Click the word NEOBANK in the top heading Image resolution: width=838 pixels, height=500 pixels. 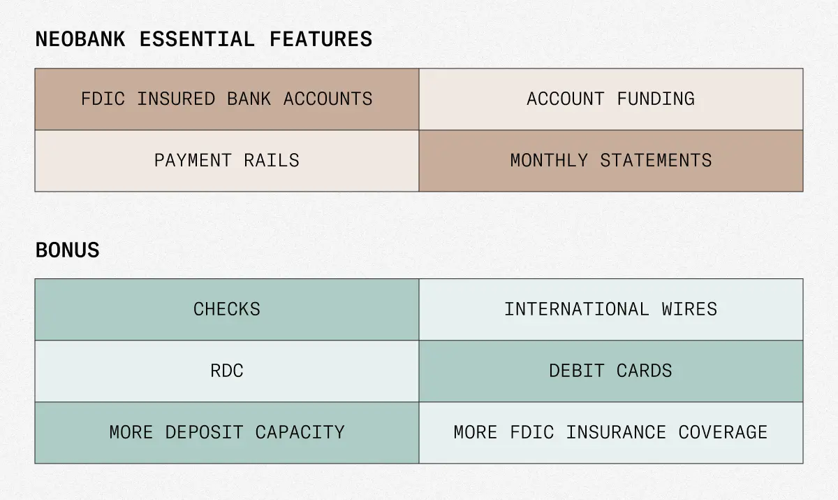pyautogui.click(x=80, y=39)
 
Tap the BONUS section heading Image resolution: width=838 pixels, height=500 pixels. pyautogui.click(x=67, y=250)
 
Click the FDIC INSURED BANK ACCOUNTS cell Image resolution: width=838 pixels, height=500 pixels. pyautogui.click(x=227, y=99)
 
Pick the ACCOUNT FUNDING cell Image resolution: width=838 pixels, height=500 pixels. pyautogui.click(x=611, y=99)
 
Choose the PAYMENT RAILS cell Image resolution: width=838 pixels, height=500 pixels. pyautogui.click(x=227, y=160)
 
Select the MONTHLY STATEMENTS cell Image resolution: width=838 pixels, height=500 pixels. pyautogui.click(x=611, y=160)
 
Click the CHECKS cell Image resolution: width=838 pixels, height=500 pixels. pyautogui.click(x=227, y=309)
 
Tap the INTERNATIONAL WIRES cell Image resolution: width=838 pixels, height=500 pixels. pyautogui.click(x=611, y=309)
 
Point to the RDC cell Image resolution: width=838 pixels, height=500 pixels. pyautogui.click(x=227, y=371)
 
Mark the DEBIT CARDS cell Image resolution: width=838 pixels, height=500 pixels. pyautogui.click(x=611, y=371)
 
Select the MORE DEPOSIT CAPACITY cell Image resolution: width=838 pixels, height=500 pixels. pyautogui.click(x=227, y=432)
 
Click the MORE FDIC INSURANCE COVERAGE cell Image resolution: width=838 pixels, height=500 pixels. pyautogui.click(x=611, y=432)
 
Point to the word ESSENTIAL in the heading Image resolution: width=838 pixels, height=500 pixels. pyautogui.click(x=197, y=39)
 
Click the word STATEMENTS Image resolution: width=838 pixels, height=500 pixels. pyautogui.click(x=656, y=160)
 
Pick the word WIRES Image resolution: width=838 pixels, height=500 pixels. pyautogui.click(x=689, y=309)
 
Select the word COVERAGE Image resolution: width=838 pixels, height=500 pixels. pyautogui.click(x=723, y=432)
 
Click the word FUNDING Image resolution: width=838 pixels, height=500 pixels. pyautogui.click(x=656, y=99)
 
